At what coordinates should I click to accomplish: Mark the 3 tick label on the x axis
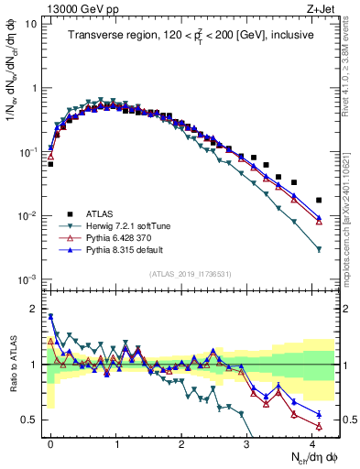click(247, 442)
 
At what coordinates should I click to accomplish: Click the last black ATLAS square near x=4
click(319, 200)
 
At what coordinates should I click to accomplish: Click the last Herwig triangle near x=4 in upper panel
click(319, 249)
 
